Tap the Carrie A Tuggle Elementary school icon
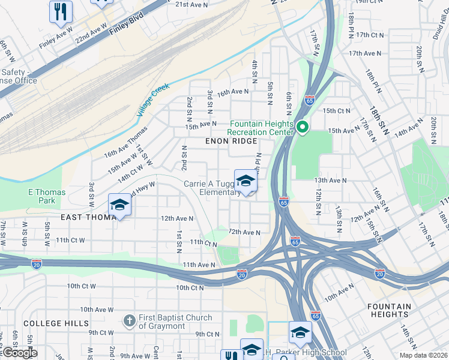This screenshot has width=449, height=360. (x=246, y=181)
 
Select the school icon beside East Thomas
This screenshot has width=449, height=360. (x=119, y=206)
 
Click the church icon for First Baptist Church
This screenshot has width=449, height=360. (x=129, y=322)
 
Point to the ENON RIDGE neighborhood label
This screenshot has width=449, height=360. (x=231, y=141)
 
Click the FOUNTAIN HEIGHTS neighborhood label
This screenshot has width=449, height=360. (x=389, y=310)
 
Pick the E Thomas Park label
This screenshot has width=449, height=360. (x=47, y=196)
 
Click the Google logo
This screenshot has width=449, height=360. (x=19, y=353)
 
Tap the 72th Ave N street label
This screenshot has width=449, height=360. (x=244, y=232)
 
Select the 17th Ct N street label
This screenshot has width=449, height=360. (x=369, y=35)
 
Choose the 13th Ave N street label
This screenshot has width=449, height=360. (x=331, y=180)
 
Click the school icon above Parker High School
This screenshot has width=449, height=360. (x=301, y=332)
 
